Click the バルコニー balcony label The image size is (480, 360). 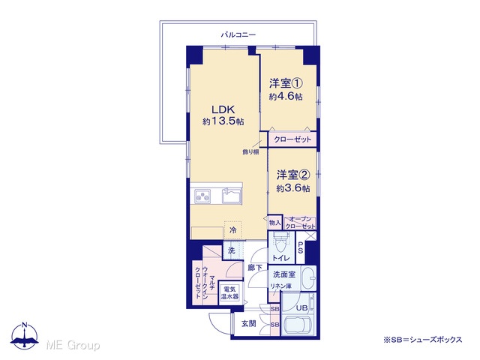point(238,35)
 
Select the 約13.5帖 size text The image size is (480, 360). point(223,121)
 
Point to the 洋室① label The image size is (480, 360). point(286,83)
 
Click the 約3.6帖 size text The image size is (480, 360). point(293,188)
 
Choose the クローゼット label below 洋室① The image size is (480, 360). point(292,139)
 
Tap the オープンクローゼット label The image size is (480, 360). point(300,223)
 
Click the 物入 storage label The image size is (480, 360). point(274,223)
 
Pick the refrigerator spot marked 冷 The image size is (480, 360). point(233,230)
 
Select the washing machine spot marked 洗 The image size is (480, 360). point(232,250)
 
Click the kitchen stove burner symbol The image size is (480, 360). point(202,196)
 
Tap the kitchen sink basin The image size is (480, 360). point(232,196)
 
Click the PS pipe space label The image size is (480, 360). point(300,247)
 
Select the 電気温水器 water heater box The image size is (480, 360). point(230,293)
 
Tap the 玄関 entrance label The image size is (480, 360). point(248,323)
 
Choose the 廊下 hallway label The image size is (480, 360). point(255,268)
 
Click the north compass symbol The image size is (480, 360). point(25,335)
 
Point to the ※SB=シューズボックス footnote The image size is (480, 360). point(423,340)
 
